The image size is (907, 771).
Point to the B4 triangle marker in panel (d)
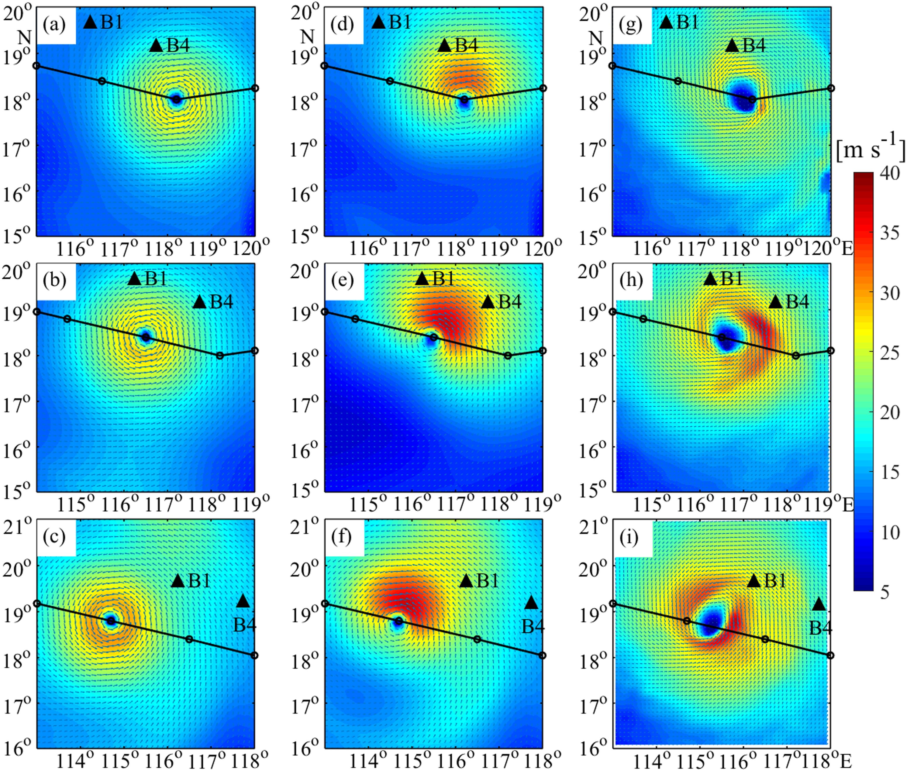(x=444, y=45)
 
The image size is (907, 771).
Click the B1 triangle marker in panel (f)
(x=466, y=580)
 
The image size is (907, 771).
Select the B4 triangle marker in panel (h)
(x=775, y=301)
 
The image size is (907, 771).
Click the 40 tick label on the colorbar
(x=890, y=173)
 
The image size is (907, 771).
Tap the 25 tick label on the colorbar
(x=890, y=353)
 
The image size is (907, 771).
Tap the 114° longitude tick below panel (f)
(x=370, y=761)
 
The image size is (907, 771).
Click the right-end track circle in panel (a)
(x=255, y=88)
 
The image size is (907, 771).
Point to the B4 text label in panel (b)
(x=221, y=302)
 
